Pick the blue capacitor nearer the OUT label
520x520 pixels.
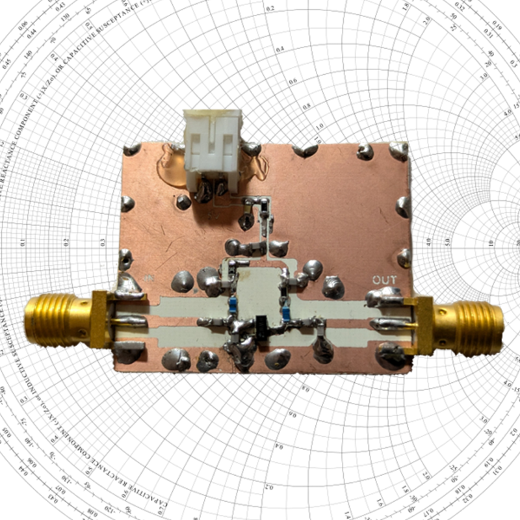click(x=287, y=314)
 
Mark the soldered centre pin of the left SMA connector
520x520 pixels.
click(x=133, y=320)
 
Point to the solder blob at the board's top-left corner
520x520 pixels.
click(x=132, y=149)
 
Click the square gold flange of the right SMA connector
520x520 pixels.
click(x=422, y=324)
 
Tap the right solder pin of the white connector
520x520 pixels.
click(x=222, y=188)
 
